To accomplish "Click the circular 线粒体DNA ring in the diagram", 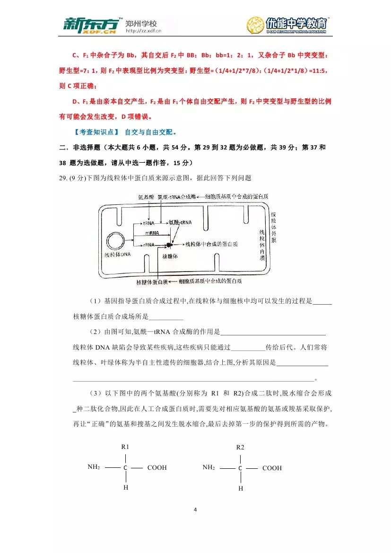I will (116, 242).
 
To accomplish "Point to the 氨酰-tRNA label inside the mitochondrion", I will (180, 222).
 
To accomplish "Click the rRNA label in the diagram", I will (149, 245).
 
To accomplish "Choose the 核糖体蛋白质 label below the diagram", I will (152, 281).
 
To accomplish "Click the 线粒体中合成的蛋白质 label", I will (211, 245).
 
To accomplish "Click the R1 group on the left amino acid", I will (125, 447).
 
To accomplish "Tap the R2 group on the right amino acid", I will (240, 447).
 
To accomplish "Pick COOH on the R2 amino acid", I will (272, 468).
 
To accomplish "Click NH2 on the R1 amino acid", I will (94, 467).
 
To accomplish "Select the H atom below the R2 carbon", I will (241, 488).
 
